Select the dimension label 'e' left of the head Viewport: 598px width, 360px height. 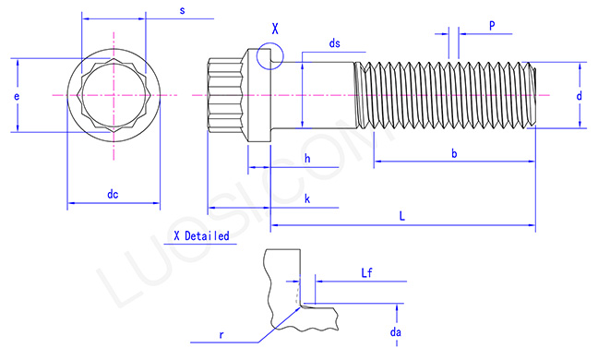coord(18,96)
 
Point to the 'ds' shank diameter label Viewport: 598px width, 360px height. coord(334,44)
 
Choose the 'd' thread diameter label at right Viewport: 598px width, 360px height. coord(579,96)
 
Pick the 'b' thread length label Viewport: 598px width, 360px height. coord(454,154)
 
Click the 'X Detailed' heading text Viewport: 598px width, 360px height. coord(201,235)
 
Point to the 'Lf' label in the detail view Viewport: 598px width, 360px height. coord(366,273)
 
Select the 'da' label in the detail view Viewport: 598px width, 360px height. coord(395,330)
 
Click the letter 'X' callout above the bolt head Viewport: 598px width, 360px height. coord(274,29)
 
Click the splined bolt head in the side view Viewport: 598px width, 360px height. coord(226,96)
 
